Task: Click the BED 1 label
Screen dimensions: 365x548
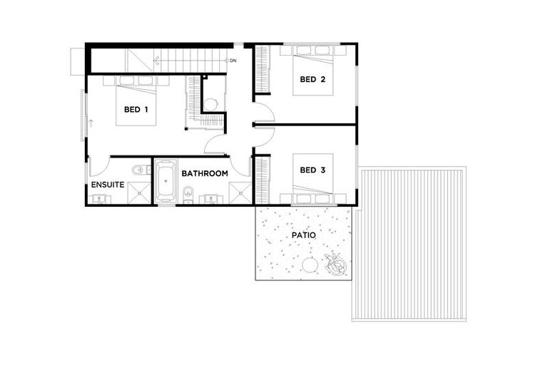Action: pos(136,110)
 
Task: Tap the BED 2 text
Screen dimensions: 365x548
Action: pos(313,79)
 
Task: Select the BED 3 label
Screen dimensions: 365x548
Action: pos(313,170)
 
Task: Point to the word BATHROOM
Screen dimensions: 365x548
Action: pos(204,173)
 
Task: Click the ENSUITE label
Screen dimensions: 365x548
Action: pos(108,185)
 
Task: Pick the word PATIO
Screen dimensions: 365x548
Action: pos(304,235)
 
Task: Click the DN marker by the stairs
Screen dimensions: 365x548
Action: pos(233,61)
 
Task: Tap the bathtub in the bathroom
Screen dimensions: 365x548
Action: pos(166,181)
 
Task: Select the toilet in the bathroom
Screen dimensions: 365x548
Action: pos(188,191)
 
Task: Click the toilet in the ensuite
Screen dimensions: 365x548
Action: pos(138,170)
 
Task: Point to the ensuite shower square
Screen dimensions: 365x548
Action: pos(138,193)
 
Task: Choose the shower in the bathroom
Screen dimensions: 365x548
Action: pos(240,193)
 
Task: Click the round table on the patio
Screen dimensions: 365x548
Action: pos(310,266)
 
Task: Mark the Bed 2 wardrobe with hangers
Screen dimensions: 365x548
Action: pos(263,69)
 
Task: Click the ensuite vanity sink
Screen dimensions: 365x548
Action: pos(98,199)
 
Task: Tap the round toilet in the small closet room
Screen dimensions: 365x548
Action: pos(210,104)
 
